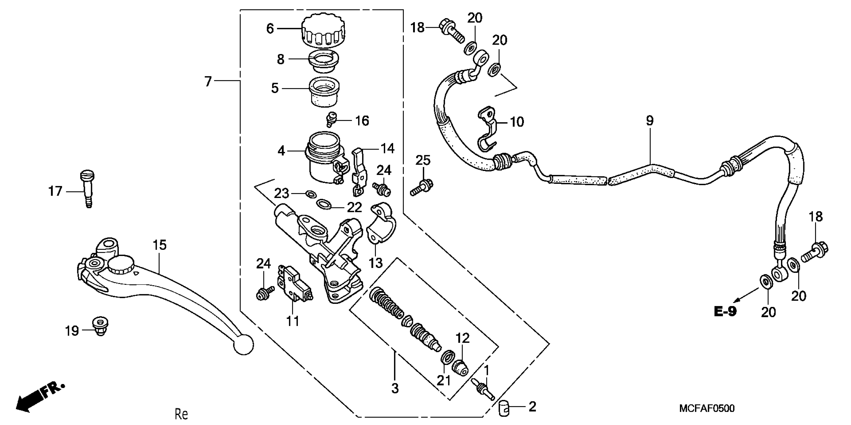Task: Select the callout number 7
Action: coord(208,81)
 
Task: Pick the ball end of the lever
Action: coord(244,344)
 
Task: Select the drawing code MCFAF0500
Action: coord(707,408)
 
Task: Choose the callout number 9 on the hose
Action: coord(649,121)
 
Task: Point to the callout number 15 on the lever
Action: coord(160,245)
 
